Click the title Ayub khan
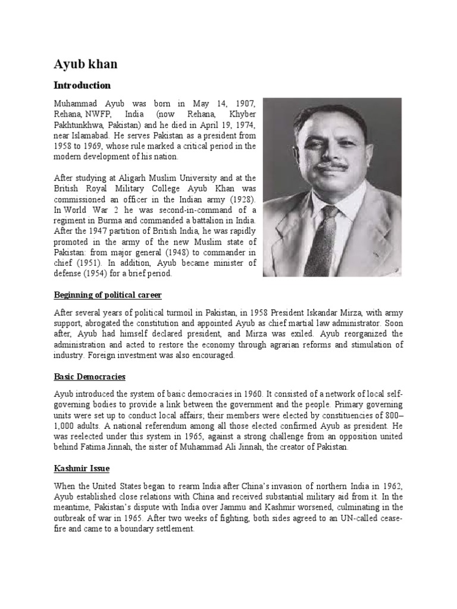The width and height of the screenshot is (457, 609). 85,64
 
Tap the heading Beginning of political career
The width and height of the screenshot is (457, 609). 108,295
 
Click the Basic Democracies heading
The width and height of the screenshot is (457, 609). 90,377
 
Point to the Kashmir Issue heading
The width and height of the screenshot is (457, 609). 81,469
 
